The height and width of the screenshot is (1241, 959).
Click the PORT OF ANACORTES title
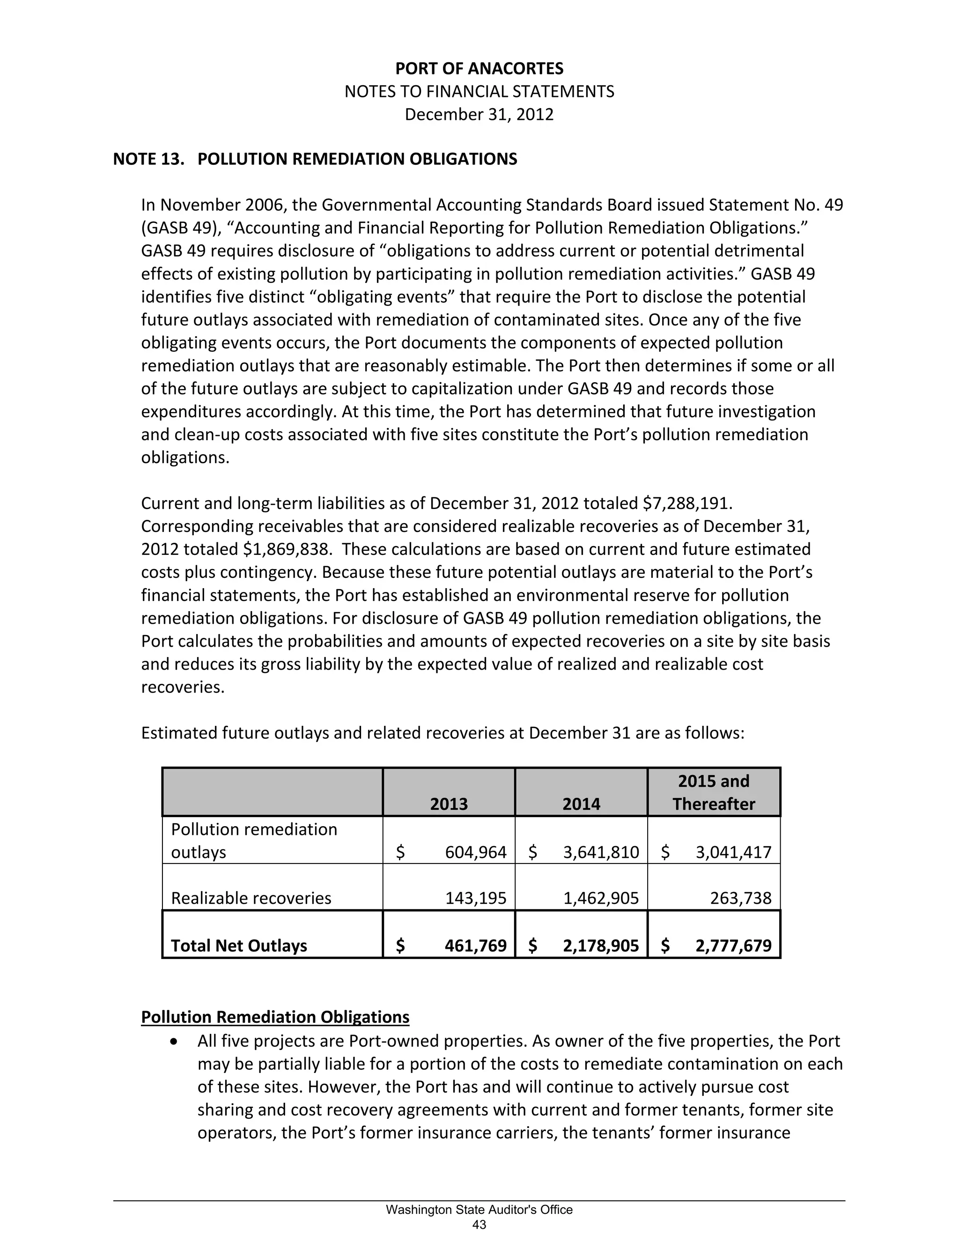479,69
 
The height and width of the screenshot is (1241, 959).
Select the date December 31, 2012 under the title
479,115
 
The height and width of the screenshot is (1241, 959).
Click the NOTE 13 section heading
315,159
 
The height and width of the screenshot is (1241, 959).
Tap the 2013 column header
449,804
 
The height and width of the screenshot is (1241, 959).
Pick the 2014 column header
581,804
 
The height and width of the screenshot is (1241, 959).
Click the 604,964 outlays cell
476,852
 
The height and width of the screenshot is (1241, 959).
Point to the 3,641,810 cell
601,852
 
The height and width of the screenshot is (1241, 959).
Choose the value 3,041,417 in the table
733,852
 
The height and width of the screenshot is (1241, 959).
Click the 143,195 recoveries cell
476,898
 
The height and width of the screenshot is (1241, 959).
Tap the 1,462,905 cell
601,898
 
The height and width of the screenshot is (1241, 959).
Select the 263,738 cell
741,898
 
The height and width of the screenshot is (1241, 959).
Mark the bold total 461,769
476,946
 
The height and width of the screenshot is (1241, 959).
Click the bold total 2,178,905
601,946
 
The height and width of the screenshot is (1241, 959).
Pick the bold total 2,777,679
733,946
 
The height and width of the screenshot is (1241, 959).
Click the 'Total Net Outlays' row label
239,946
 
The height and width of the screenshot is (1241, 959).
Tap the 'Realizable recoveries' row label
251,898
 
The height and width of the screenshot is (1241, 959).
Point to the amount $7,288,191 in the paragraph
685,503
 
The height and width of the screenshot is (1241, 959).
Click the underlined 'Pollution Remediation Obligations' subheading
275,1017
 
